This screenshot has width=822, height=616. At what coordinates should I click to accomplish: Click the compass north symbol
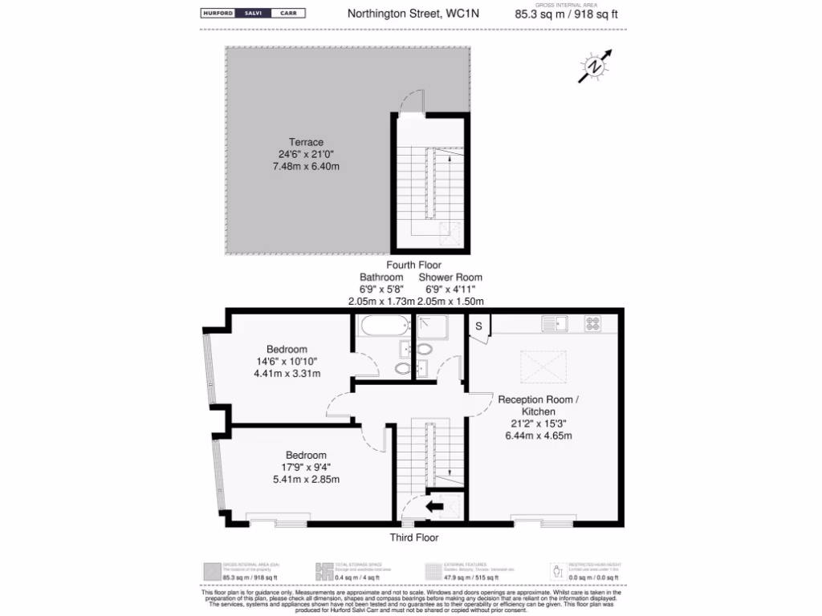(x=594, y=67)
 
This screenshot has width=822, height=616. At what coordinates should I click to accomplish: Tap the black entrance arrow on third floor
(x=434, y=506)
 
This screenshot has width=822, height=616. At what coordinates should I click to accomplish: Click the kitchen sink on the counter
(x=554, y=324)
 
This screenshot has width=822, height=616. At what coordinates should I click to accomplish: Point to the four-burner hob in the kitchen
(x=594, y=324)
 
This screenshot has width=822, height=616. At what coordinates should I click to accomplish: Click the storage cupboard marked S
(x=478, y=326)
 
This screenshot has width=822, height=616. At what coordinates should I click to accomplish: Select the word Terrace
(x=306, y=142)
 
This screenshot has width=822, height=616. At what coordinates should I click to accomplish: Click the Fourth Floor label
(x=413, y=265)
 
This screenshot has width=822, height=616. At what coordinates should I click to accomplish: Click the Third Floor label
(x=414, y=537)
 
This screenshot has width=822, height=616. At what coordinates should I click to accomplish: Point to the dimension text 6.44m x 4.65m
(x=538, y=436)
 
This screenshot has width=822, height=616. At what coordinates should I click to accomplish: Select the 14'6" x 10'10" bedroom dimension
(x=287, y=362)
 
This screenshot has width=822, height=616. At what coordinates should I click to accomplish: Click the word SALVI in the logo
(x=248, y=14)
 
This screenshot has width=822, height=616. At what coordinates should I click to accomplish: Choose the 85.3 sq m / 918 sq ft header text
(x=566, y=14)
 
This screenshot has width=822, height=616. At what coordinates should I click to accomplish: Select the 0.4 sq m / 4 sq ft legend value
(x=352, y=577)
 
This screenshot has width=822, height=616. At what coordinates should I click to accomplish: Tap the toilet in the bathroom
(x=403, y=368)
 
